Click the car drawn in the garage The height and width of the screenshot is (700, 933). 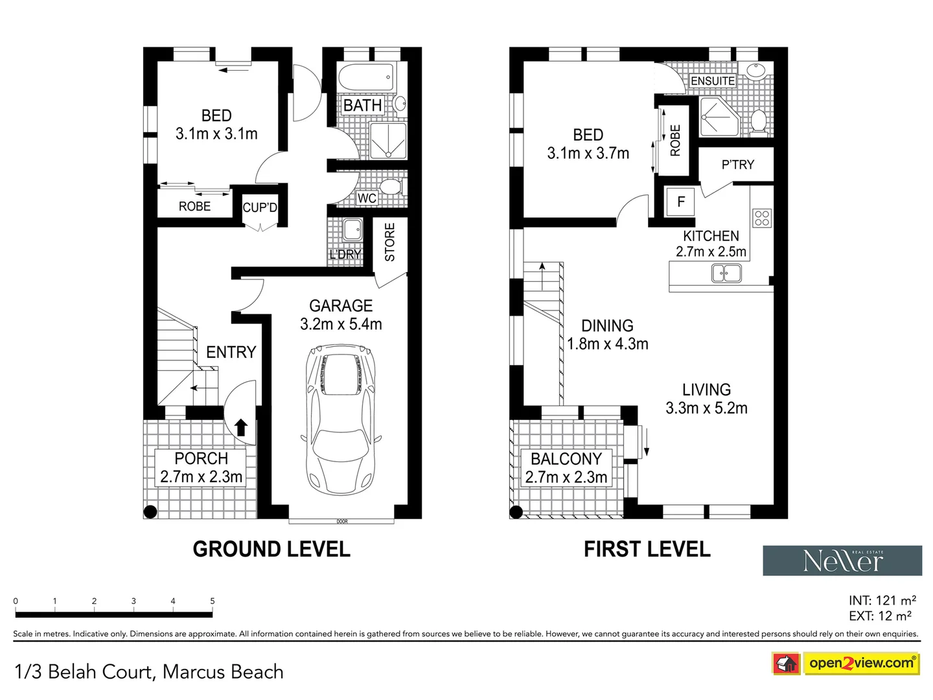pos(340,419)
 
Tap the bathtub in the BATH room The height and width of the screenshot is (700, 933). pos(366,77)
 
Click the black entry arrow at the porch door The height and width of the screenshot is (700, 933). pos(241,427)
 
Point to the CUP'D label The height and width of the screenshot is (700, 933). pos(260,207)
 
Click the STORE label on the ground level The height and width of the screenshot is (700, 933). pos(390,242)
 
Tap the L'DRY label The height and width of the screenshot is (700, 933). pos(345,254)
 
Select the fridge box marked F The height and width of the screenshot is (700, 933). pos(680,202)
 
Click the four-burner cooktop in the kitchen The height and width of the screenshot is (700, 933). pos(762,218)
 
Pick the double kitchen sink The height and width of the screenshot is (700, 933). pos(726,273)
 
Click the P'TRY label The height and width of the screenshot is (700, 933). pos(738,165)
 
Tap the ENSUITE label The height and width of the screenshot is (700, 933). pos(713,81)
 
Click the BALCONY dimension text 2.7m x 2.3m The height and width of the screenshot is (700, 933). pos(566,477)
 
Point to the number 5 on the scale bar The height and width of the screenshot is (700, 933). pos(213,601)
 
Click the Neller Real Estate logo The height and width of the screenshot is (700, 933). pos(842,560)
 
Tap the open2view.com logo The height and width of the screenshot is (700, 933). pos(846,664)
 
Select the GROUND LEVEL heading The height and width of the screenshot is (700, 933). pos(271,549)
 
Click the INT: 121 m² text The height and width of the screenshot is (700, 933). pos(882,600)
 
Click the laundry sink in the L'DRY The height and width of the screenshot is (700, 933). pos(352,229)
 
